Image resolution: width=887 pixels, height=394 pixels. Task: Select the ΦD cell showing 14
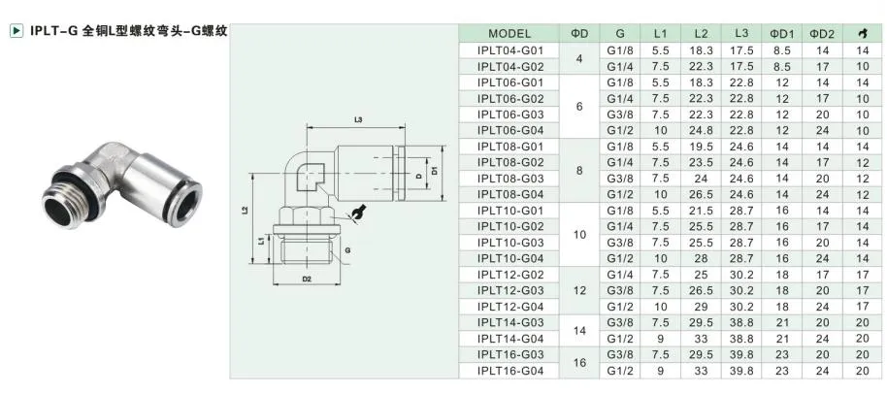click(x=579, y=330)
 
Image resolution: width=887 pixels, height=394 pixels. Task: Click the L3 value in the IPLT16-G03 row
click(x=741, y=354)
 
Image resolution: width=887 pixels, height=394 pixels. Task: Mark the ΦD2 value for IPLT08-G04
click(x=822, y=194)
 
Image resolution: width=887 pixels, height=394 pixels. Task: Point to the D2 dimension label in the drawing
click(x=305, y=279)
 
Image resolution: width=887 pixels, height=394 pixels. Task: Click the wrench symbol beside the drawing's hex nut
click(x=361, y=212)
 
